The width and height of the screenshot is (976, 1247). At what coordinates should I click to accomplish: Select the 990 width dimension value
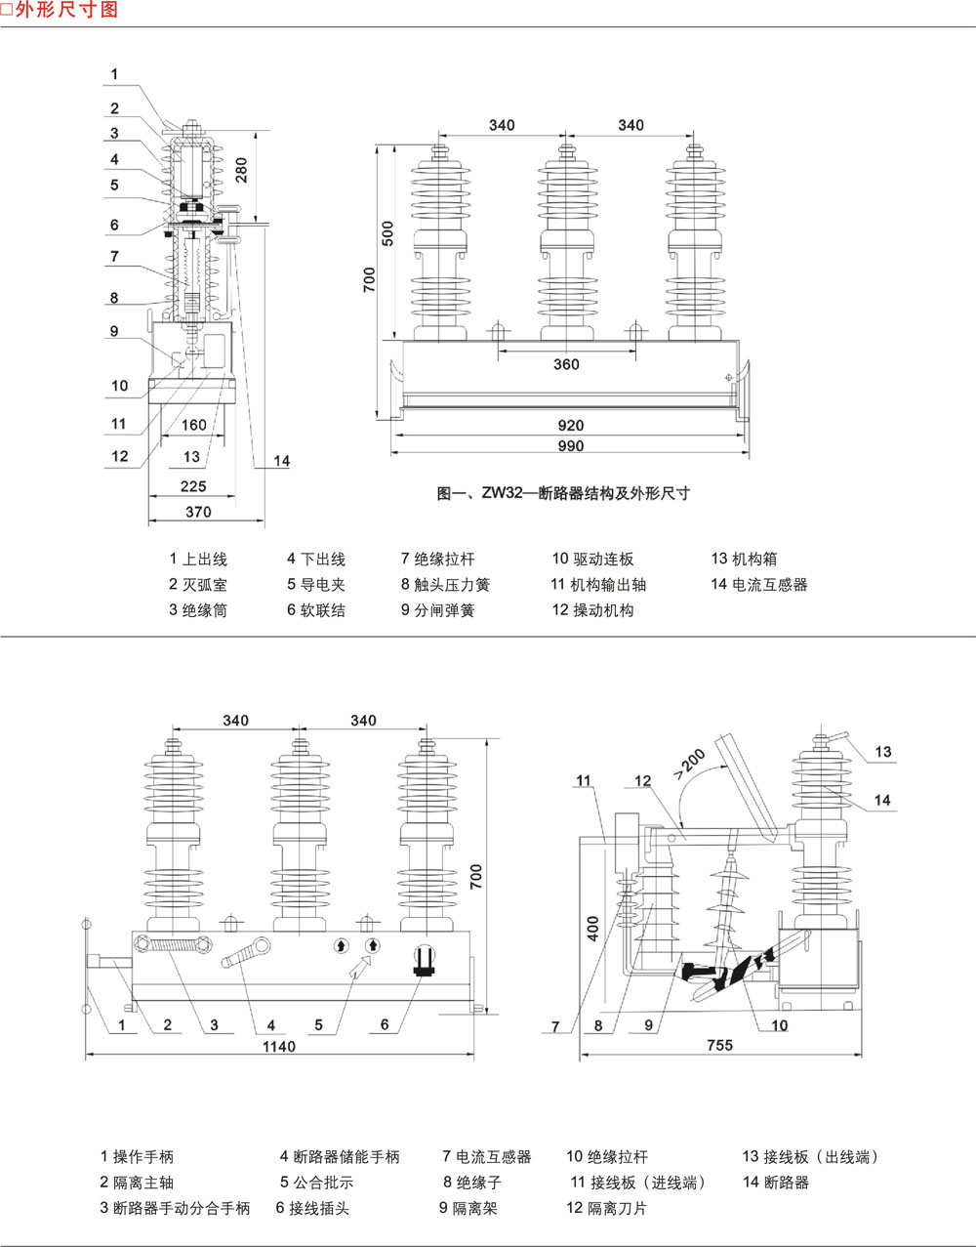click(x=570, y=446)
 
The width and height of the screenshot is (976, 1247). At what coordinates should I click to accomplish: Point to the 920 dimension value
click(x=570, y=425)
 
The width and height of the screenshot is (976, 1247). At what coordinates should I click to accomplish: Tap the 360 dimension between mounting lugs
click(x=566, y=364)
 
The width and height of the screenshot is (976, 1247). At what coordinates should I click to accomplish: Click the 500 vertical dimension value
click(x=387, y=233)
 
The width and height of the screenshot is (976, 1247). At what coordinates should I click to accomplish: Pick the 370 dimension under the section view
click(x=197, y=512)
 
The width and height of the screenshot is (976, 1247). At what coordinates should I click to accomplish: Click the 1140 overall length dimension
click(x=278, y=1046)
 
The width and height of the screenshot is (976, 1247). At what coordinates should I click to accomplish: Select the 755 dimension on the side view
click(x=719, y=1045)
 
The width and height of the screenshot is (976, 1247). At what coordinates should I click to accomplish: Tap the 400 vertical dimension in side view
click(x=593, y=928)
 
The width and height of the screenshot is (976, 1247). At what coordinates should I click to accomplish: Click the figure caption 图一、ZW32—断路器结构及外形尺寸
click(x=563, y=493)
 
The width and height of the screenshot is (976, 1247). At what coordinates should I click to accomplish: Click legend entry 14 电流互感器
click(x=759, y=585)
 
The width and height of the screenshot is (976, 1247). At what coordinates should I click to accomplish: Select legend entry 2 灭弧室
click(x=198, y=585)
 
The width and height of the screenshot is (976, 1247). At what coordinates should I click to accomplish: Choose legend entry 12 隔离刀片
click(x=606, y=1208)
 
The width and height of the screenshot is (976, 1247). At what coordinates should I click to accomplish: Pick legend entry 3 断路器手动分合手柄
click(x=175, y=1208)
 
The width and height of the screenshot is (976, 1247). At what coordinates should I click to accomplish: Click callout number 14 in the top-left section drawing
click(x=281, y=461)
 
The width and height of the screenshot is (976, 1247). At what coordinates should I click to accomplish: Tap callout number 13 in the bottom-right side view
click(x=882, y=752)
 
